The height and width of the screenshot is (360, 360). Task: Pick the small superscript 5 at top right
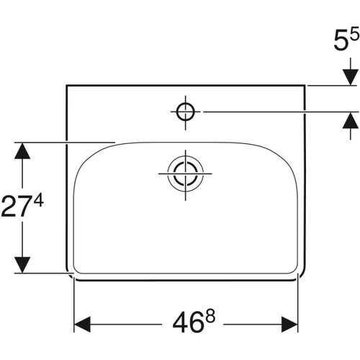click(354, 33)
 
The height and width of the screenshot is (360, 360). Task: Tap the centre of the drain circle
click(186, 174)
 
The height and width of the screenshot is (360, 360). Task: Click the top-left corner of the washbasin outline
click(66, 85)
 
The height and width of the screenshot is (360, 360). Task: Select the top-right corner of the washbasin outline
click(307, 85)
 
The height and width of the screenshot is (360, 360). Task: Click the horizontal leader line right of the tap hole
click(274, 111)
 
